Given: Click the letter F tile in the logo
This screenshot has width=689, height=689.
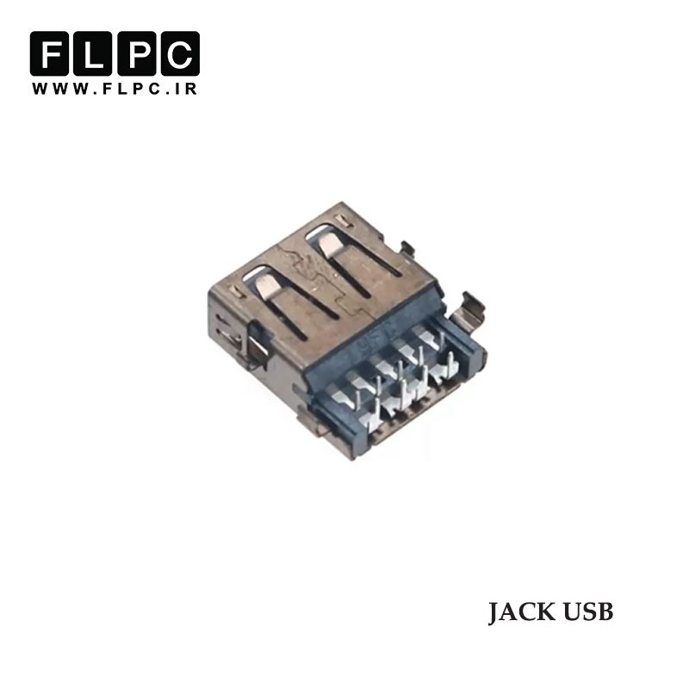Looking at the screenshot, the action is click(x=49, y=53).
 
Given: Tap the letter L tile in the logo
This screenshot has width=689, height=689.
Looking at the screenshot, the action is click(x=93, y=53).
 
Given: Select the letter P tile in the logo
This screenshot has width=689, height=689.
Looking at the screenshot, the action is click(x=136, y=53).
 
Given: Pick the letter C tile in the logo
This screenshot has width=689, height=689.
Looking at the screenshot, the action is click(x=180, y=53).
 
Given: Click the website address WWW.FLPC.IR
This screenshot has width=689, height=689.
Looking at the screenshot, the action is click(x=115, y=89).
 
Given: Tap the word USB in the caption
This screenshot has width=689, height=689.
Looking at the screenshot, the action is click(x=588, y=611).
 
